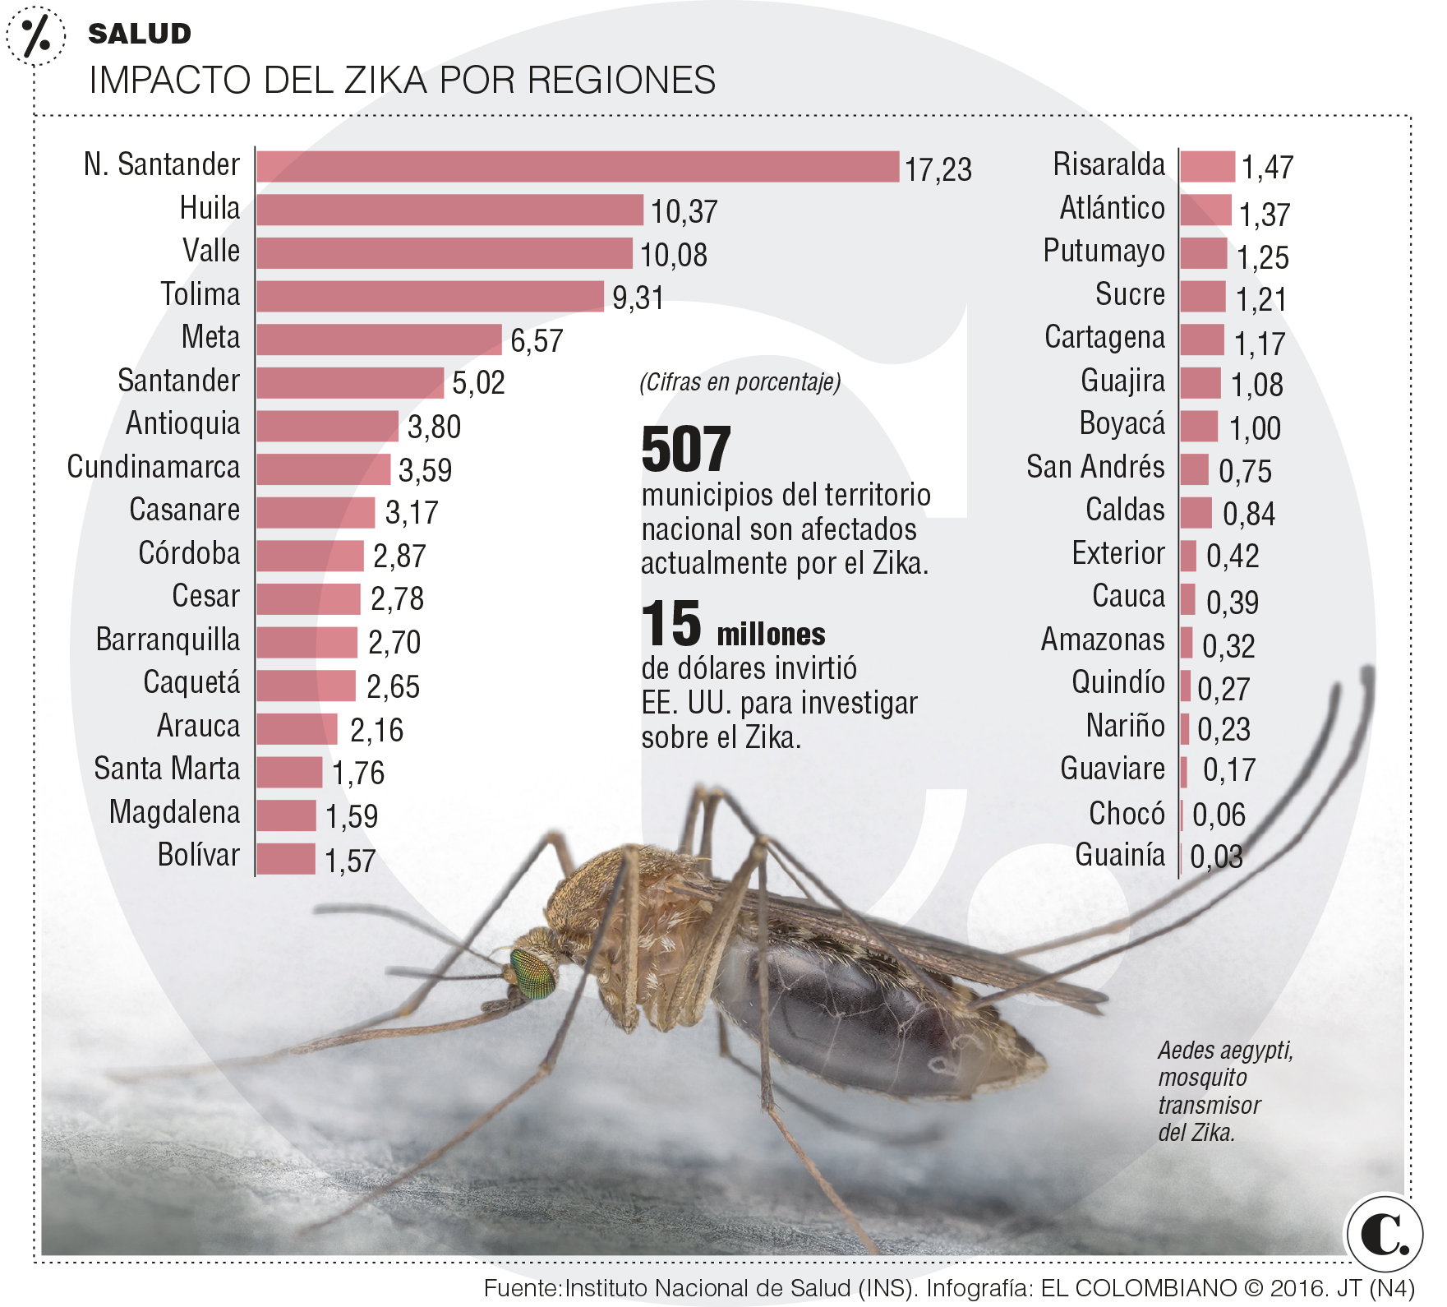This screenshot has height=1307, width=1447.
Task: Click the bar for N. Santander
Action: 577,167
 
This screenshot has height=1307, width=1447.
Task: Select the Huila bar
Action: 449,210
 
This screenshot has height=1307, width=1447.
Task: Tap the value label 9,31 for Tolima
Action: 638,298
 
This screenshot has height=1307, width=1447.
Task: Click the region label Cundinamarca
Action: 154,467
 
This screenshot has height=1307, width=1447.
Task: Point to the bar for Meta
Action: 379,339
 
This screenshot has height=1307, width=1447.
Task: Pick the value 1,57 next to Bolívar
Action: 350,861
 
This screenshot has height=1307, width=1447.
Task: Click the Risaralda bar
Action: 1207,167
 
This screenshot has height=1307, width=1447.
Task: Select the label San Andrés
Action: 1094,467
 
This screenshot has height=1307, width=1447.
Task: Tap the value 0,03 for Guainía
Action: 1216,857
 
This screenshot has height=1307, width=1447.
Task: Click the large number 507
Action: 685,450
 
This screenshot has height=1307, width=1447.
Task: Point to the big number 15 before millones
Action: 671,624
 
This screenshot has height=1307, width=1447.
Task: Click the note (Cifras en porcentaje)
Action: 740,382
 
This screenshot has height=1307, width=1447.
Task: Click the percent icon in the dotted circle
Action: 35,35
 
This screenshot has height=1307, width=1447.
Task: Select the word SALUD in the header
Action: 140,34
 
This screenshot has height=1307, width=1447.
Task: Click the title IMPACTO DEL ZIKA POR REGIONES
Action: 402,81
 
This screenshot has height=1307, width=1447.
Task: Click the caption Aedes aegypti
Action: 1225,1051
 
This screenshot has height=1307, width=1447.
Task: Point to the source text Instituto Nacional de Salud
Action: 740,1288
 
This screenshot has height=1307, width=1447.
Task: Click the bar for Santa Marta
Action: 289,772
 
